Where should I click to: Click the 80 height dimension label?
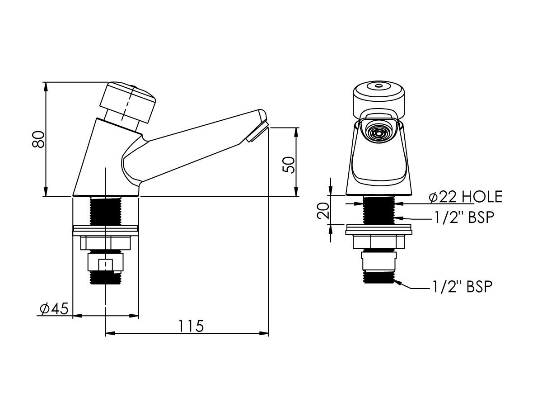39,139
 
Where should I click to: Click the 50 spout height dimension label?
289,165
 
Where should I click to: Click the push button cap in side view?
129,102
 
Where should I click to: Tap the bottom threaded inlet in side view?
105,277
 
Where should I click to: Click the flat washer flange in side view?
105,231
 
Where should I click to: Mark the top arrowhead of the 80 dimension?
46,86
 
